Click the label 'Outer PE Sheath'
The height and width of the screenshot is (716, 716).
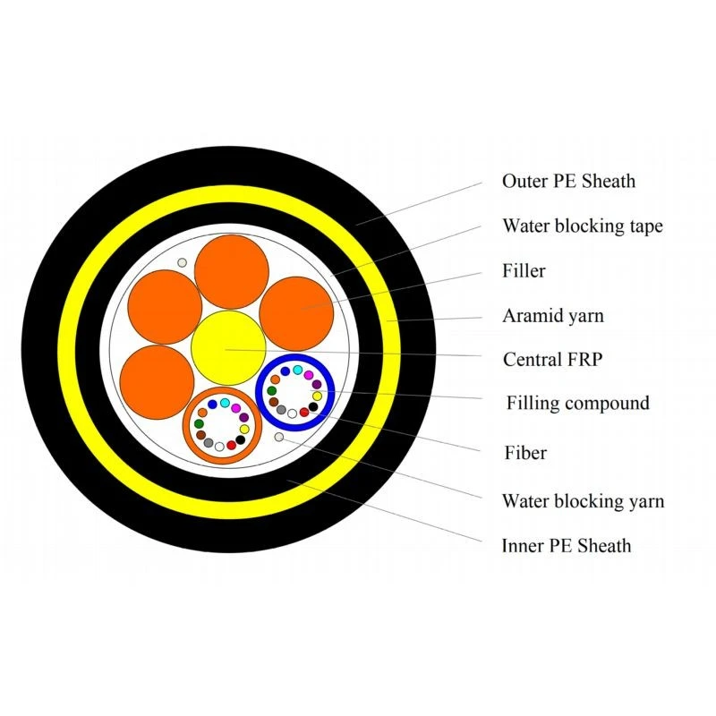568,182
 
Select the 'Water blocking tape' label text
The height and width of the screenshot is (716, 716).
583,226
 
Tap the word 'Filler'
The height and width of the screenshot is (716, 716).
524,270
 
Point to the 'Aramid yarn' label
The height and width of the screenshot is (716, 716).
553,316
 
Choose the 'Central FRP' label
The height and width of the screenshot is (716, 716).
552,360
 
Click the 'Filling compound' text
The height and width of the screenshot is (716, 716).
577,404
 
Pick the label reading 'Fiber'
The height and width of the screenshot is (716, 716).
525,453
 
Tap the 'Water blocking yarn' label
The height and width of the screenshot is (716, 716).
584,501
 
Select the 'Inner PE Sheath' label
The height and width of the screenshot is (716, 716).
567,546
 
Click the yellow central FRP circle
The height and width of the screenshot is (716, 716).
228,348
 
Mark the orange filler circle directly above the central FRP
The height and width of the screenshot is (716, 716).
232,272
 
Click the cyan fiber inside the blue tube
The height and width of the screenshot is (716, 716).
298,370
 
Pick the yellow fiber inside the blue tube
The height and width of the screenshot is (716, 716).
317,396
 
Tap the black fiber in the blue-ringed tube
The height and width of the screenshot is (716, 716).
313,406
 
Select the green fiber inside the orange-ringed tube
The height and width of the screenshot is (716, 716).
199,423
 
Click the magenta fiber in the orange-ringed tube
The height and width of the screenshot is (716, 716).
235,408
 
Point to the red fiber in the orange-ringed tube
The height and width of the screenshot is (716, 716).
232,445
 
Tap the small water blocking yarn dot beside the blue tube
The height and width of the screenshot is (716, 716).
279,437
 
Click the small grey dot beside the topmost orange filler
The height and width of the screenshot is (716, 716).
182,262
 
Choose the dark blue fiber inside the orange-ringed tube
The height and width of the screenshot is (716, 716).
212,405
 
